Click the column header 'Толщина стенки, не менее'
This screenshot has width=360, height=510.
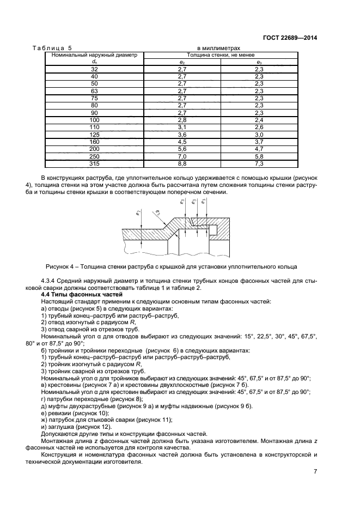[221, 55]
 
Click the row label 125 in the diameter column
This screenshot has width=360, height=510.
[94, 133]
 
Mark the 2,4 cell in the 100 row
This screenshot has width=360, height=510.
[259, 119]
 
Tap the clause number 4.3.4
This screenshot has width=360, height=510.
[51, 281]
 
